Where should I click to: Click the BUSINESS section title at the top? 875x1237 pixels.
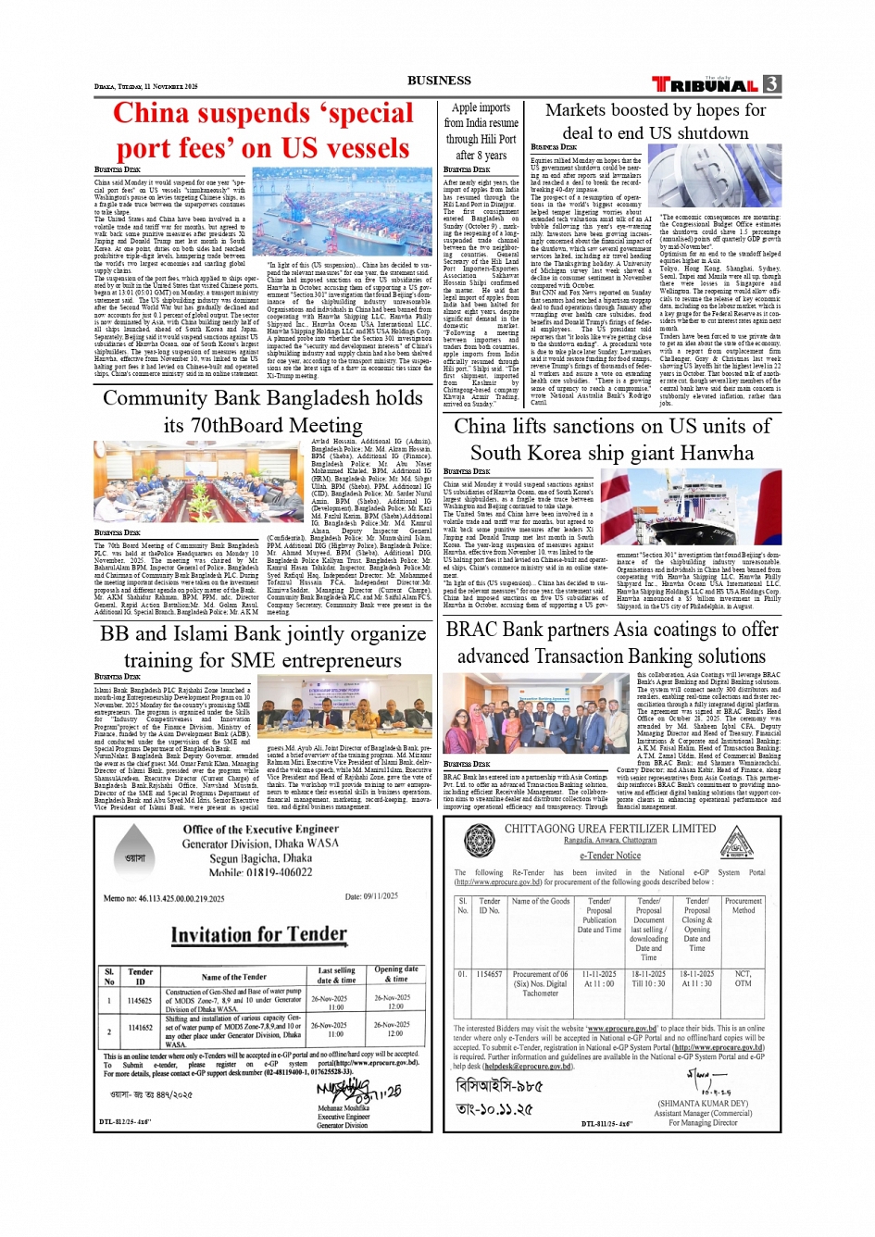click(439, 81)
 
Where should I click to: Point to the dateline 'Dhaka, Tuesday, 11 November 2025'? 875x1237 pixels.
click(146, 86)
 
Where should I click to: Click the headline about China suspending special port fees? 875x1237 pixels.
click(263, 131)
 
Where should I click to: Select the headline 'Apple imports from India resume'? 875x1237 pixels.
click(481, 131)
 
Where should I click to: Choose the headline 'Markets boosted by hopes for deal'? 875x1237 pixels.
click(656, 121)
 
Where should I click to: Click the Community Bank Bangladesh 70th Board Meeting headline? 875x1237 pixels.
click(263, 411)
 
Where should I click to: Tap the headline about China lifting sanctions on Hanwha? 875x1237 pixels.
click(611, 439)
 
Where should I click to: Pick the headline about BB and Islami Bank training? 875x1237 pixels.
click(263, 646)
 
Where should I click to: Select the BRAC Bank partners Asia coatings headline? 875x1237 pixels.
click(611, 642)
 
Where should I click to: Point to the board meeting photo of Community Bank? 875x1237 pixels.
click(200, 481)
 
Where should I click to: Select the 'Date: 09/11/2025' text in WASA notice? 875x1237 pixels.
click(371, 896)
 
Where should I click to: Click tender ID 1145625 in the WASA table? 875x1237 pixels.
click(140, 1001)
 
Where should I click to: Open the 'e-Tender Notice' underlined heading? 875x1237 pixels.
click(609, 856)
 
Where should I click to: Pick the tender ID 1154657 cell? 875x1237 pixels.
click(489, 974)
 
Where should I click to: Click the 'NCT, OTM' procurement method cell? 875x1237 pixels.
click(743, 979)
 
